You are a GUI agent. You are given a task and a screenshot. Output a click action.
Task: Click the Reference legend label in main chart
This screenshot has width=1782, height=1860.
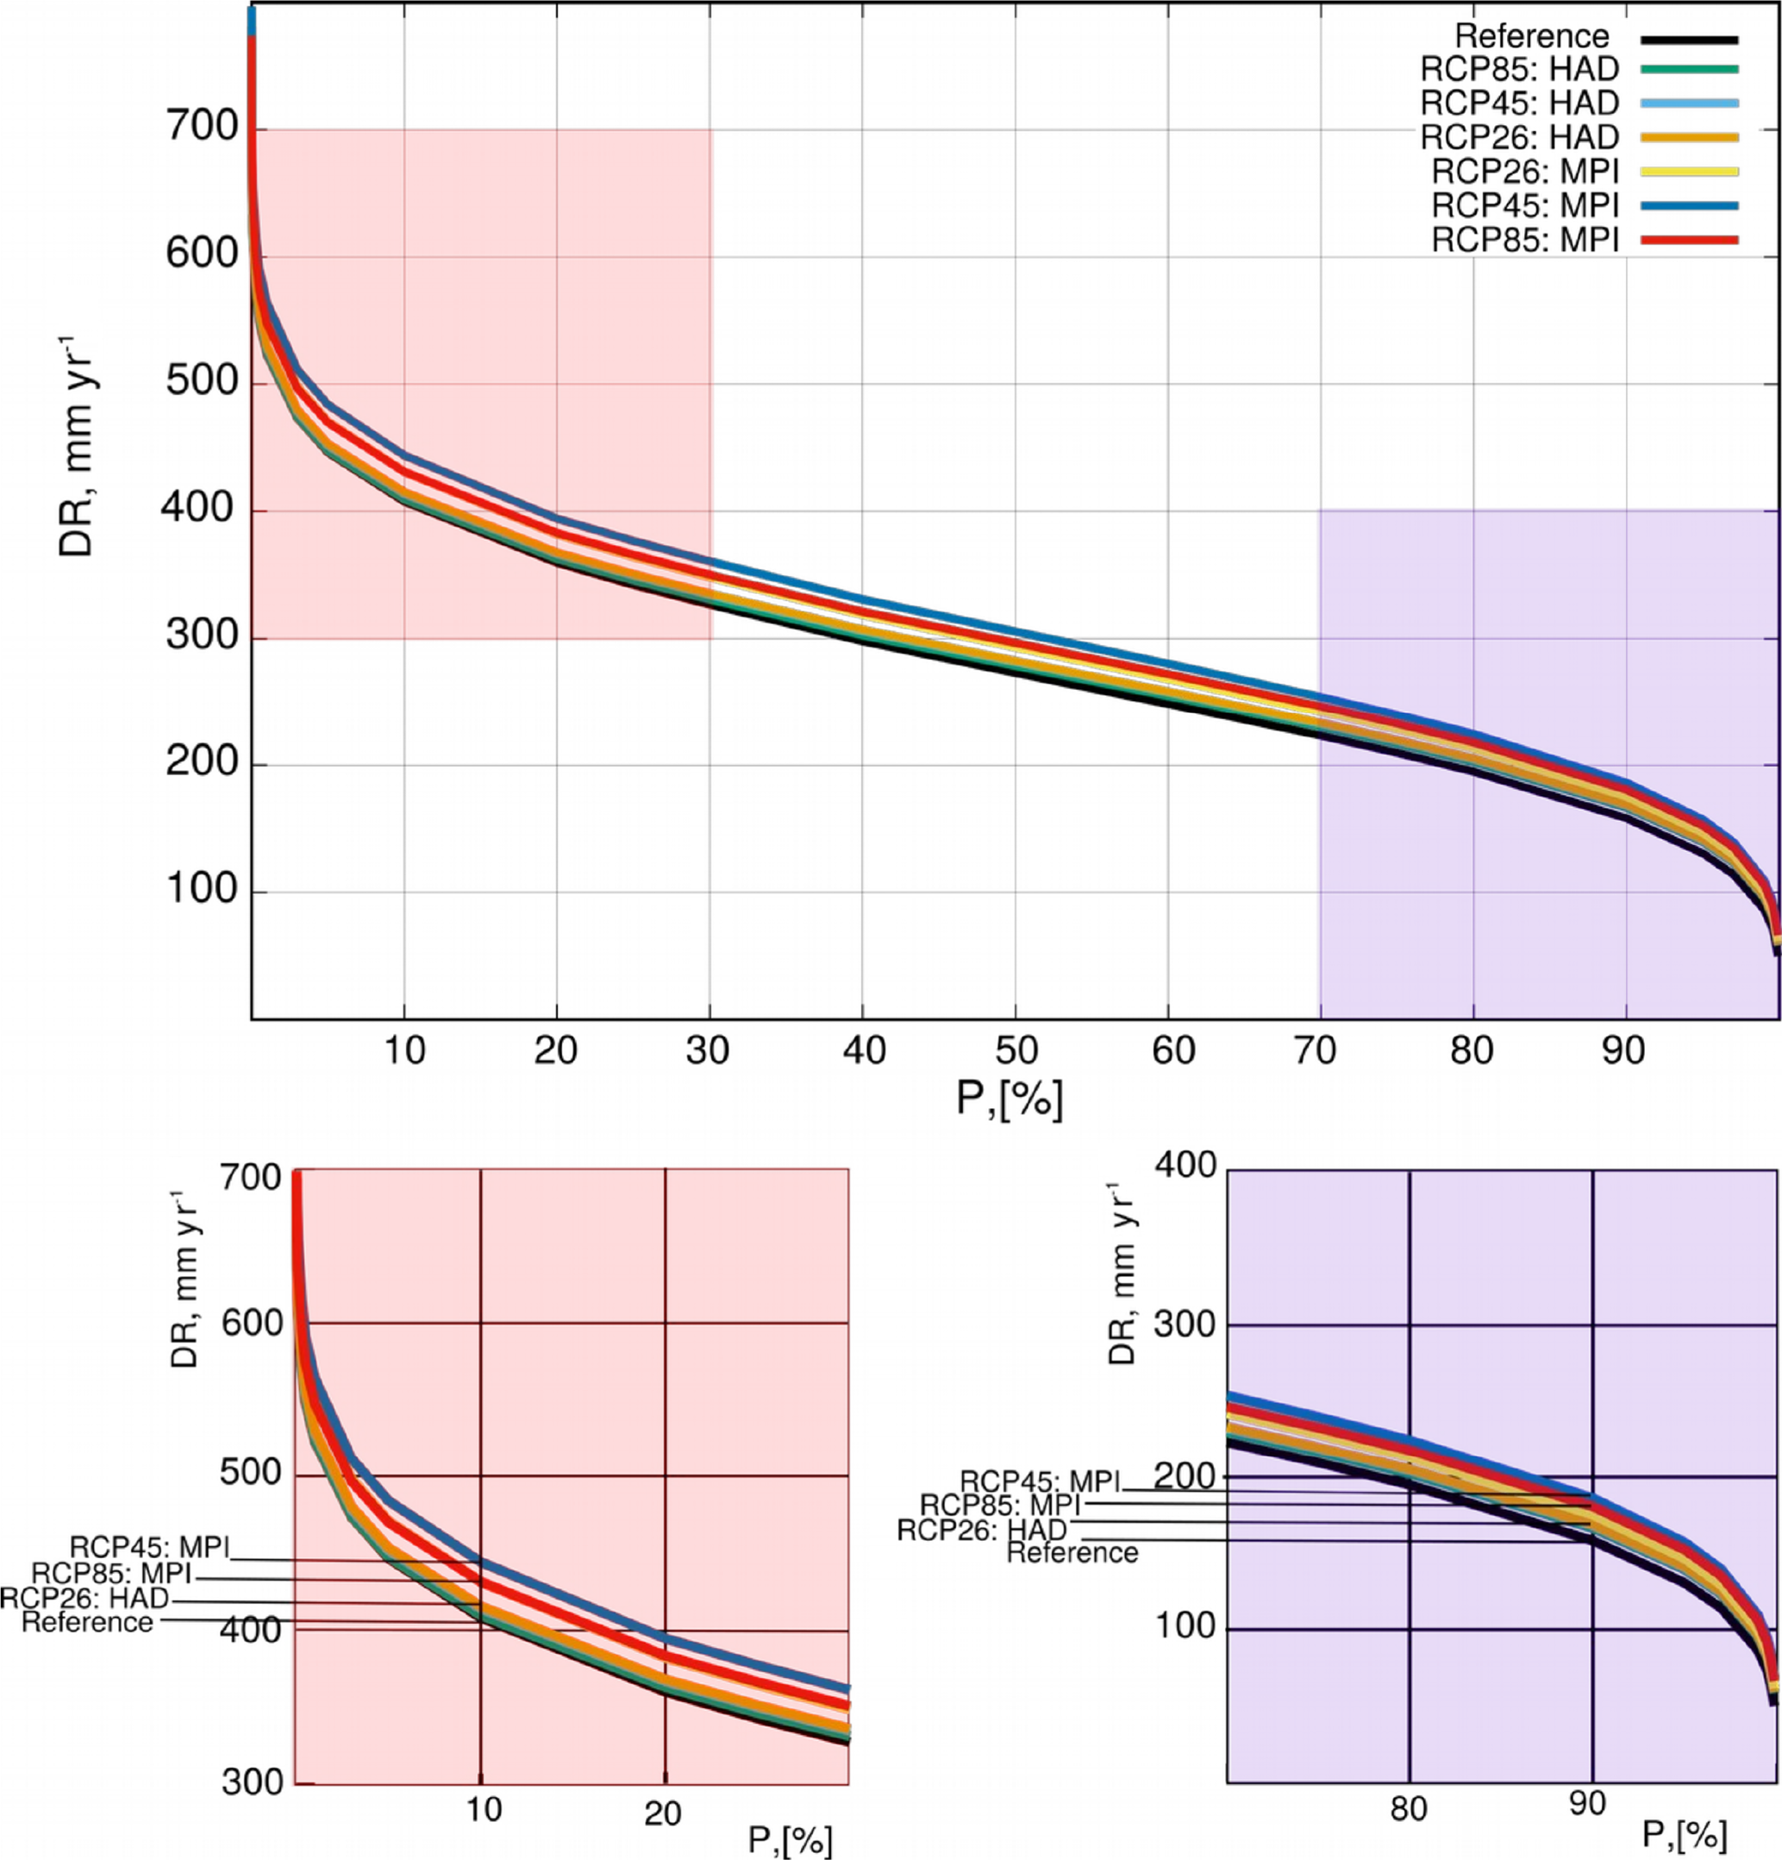tap(1531, 37)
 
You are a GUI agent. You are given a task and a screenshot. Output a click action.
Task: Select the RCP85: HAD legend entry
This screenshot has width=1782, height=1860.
tap(1519, 69)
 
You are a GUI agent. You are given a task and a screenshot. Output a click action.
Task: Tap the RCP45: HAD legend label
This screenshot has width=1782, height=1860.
tap(1519, 103)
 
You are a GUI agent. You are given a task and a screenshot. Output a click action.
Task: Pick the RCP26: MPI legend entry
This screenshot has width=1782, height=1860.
tap(1525, 172)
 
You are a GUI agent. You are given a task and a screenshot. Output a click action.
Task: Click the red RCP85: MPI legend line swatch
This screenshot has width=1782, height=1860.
tap(1688, 240)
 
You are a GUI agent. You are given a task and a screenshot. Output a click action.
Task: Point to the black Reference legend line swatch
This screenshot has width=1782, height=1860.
tap(1688, 40)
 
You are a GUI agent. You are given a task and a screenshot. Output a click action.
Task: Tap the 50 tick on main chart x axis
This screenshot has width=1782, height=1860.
tap(1016, 1050)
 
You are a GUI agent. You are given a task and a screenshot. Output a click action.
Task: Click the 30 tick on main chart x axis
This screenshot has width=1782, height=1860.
tap(709, 1050)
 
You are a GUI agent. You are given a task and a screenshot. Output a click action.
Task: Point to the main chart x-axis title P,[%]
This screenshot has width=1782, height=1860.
tap(1009, 1099)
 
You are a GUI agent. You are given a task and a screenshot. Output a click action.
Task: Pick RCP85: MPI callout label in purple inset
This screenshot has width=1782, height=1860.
tap(1000, 1505)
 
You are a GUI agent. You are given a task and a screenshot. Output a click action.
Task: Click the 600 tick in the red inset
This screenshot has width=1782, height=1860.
tap(251, 1323)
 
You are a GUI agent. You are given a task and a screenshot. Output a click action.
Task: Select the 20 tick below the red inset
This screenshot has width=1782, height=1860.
tap(663, 1813)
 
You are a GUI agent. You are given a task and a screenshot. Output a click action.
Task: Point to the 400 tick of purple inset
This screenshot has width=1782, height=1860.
tap(1185, 1165)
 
